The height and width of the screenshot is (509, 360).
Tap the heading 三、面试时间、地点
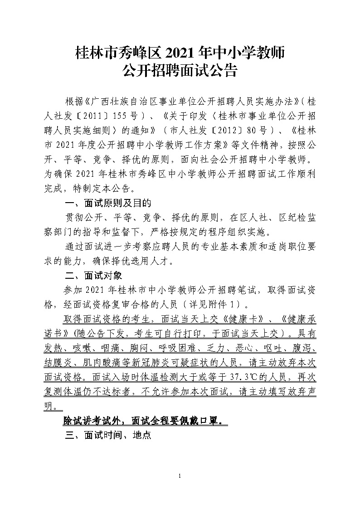(x=108, y=436)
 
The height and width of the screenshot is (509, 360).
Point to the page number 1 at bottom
(x=180, y=475)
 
